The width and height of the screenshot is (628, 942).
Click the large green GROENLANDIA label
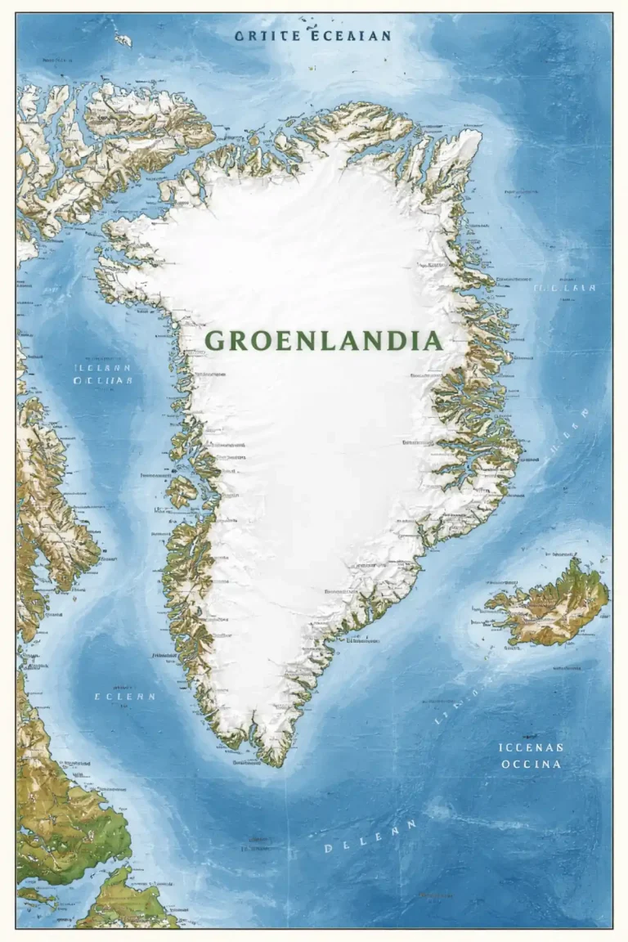[323, 340]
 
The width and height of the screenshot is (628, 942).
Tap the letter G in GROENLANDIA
[215, 341]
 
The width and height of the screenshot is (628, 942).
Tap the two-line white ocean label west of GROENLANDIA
[103, 374]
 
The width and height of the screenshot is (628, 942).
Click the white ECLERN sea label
[124, 697]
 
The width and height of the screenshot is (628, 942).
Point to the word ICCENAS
[531, 747]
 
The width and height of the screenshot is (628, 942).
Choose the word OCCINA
[531, 764]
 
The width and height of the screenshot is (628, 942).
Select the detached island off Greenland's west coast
[182, 491]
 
